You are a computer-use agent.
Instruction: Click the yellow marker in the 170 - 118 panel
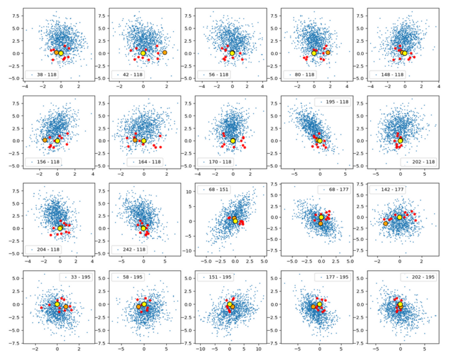click(x=233, y=141)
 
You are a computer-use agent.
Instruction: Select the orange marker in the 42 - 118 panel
click(x=164, y=53)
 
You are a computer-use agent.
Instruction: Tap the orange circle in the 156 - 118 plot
click(x=45, y=140)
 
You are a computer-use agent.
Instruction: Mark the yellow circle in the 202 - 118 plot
click(x=400, y=141)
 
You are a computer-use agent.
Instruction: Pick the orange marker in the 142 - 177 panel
click(x=385, y=223)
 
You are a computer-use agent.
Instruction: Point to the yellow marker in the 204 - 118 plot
click(x=60, y=228)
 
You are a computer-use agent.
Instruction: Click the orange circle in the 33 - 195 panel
click(x=66, y=307)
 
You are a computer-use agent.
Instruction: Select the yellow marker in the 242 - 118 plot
click(x=143, y=228)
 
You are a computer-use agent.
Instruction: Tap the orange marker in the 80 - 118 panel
click(x=328, y=52)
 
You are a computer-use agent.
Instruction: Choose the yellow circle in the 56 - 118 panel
click(x=232, y=53)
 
